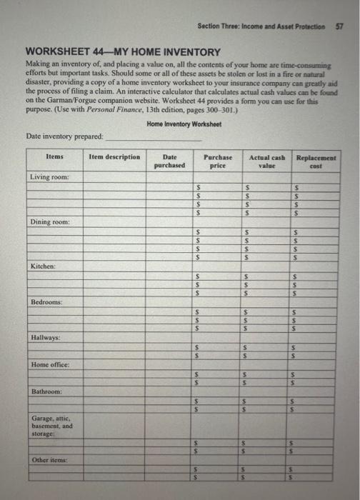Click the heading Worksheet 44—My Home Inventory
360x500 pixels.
(x=123, y=52)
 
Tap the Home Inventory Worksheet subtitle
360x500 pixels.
(x=184, y=124)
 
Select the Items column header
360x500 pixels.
(x=54, y=156)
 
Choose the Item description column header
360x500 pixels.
(x=114, y=156)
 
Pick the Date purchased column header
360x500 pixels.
(x=169, y=161)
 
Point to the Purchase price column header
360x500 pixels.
(x=215, y=161)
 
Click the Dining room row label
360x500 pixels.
(x=49, y=222)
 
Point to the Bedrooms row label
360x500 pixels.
(x=46, y=302)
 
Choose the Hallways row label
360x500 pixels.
(x=46, y=336)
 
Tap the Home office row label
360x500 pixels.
(x=49, y=365)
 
